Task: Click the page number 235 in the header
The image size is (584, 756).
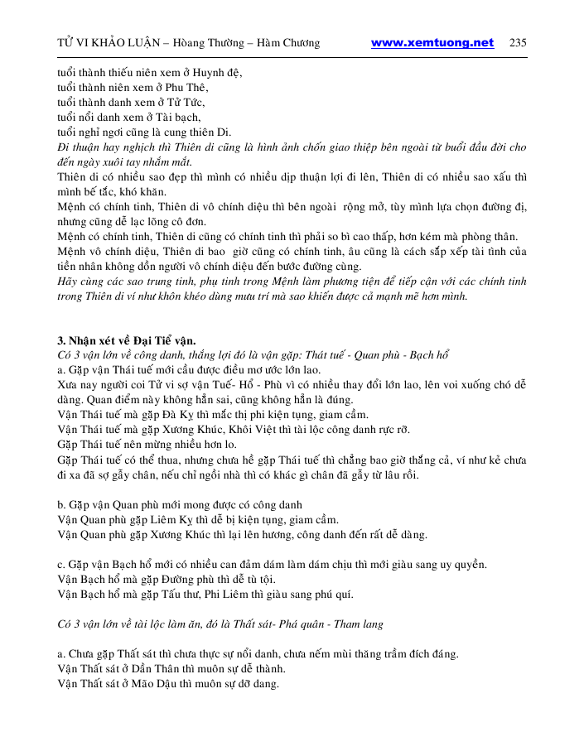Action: pyautogui.click(x=518, y=43)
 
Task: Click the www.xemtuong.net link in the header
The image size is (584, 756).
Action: pyautogui.click(x=432, y=43)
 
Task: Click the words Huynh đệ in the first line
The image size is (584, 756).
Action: pyautogui.click(x=220, y=73)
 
